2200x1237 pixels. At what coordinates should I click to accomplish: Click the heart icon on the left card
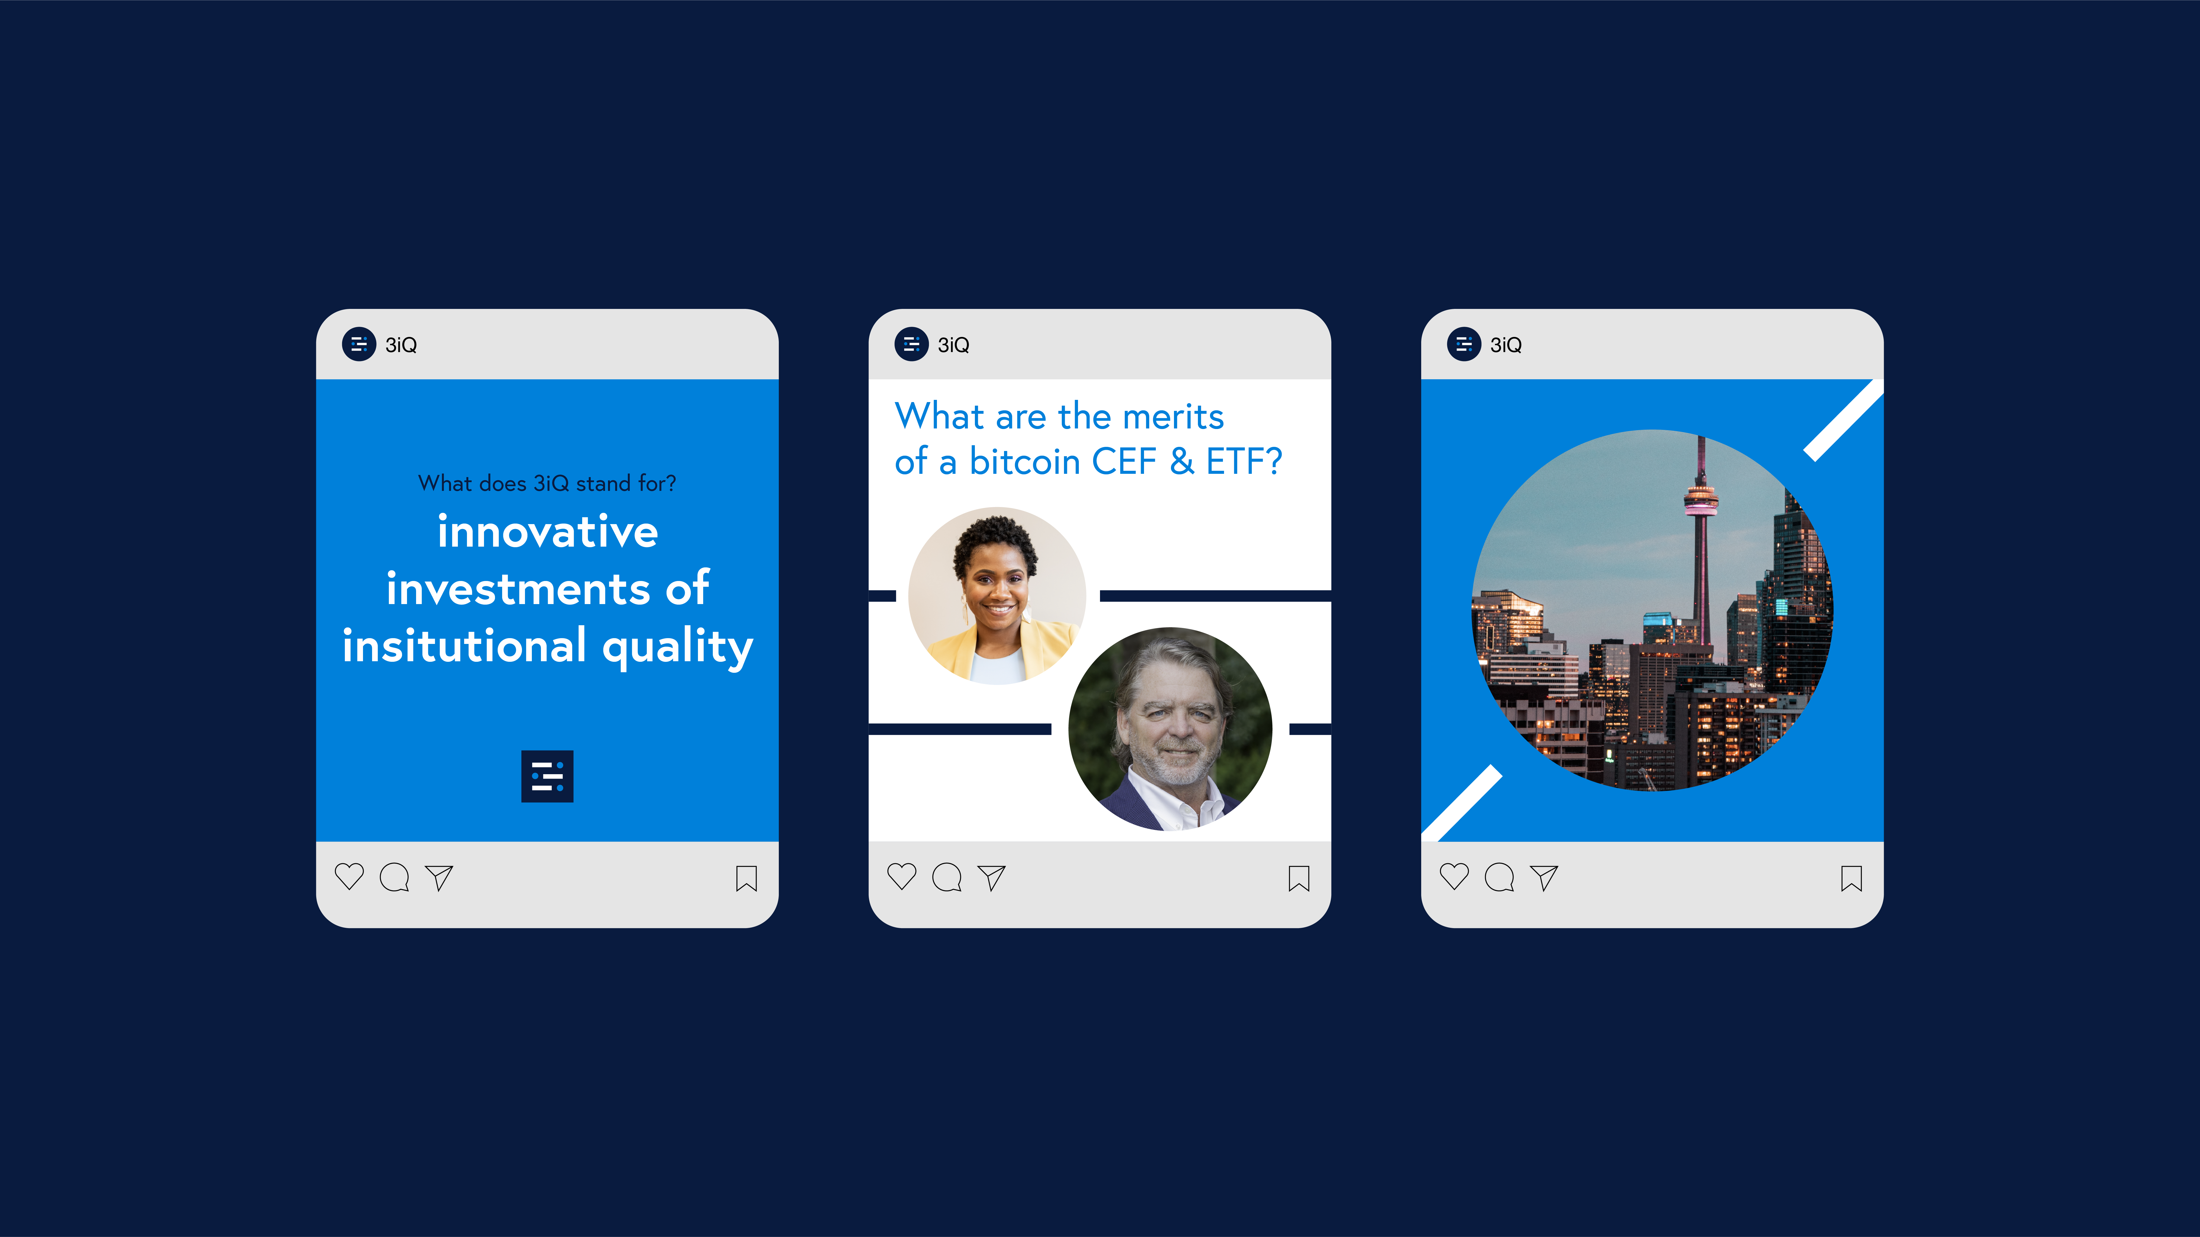pyautogui.click(x=349, y=877)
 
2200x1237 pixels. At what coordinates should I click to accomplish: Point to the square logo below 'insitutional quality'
pyautogui.click(x=548, y=776)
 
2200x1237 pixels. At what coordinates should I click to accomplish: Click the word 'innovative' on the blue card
pyautogui.click(x=548, y=532)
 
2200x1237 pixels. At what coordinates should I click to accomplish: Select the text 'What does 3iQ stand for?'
pyautogui.click(x=548, y=483)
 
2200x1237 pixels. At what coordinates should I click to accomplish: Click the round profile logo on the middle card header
pyautogui.click(x=911, y=344)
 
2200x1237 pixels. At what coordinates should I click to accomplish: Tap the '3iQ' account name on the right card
pyautogui.click(x=1506, y=345)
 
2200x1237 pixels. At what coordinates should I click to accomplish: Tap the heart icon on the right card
pyautogui.click(x=1454, y=877)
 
